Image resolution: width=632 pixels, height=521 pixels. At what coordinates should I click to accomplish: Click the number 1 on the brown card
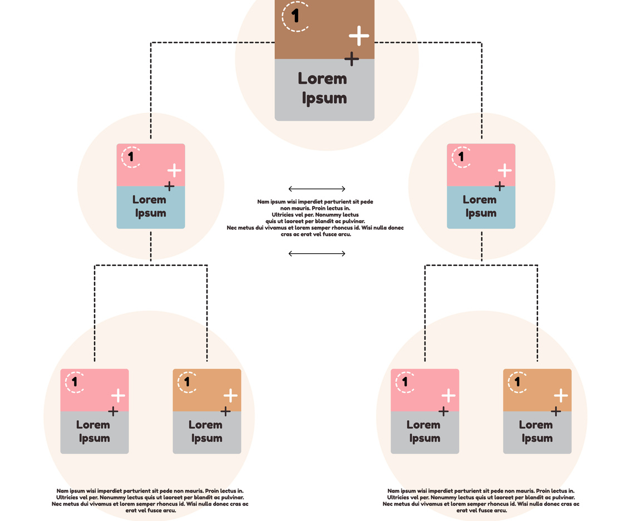click(x=295, y=16)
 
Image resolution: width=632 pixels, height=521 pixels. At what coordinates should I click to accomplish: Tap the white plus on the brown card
click(x=359, y=36)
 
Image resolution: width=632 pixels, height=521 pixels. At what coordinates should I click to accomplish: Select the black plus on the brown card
click(x=352, y=58)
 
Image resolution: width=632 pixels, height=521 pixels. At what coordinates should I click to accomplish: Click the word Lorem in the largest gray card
click(x=323, y=78)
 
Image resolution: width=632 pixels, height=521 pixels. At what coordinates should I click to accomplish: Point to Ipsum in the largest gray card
click(x=324, y=99)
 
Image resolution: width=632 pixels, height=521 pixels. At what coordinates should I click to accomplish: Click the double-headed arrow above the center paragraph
click(x=317, y=189)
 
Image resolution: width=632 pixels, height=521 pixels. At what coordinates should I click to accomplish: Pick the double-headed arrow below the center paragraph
click(x=317, y=254)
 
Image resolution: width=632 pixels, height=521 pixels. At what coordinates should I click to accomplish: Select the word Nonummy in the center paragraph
click(x=333, y=214)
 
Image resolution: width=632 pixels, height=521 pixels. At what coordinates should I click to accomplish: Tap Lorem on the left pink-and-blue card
click(x=149, y=199)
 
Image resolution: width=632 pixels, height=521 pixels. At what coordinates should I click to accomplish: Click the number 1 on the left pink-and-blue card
click(x=131, y=156)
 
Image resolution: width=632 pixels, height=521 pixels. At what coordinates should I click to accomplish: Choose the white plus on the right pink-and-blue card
click(x=505, y=170)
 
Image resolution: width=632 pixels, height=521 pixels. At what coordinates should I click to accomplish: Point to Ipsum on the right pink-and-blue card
click(x=481, y=213)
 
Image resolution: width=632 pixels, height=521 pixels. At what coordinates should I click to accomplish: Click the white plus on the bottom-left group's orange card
click(x=231, y=396)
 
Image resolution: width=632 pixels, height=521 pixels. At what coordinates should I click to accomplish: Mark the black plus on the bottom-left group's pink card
click(x=113, y=411)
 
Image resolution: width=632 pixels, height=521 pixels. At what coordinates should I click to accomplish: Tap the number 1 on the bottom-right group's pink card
click(x=405, y=382)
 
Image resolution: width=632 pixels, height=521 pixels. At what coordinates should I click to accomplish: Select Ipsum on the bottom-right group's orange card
click(x=537, y=438)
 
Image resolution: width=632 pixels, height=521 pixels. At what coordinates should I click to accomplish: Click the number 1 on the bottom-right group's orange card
click(x=517, y=382)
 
